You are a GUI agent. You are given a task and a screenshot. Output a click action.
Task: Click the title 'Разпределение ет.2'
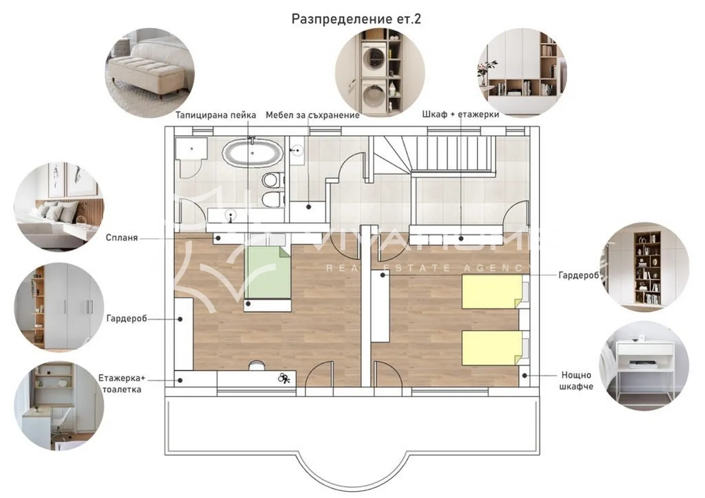tap(356, 19)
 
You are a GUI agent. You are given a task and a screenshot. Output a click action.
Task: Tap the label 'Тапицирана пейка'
tap(215, 115)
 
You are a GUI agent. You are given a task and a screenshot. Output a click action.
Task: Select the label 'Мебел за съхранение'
tap(312, 115)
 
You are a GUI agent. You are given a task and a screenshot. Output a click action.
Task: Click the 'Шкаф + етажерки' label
tap(460, 114)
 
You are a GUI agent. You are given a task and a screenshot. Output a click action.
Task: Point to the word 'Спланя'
tap(122, 237)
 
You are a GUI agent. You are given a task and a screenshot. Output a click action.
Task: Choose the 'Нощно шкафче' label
tap(576, 381)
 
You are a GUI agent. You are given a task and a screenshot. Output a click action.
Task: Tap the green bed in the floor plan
tap(268, 273)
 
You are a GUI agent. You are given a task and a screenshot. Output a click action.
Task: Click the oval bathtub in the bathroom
tap(252, 154)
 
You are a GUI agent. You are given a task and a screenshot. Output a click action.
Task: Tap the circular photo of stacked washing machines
tap(380, 73)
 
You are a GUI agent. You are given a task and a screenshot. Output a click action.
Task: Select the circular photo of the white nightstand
tap(644, 366)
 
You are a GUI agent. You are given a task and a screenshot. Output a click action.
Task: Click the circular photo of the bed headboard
tap(59, 207)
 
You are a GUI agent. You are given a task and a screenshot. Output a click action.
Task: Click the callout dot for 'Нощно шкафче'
tap(525, 376)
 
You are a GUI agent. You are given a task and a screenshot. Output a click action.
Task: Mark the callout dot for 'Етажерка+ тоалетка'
tap(180, 380)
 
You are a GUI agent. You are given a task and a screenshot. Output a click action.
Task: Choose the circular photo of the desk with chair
tap(59, 406)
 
